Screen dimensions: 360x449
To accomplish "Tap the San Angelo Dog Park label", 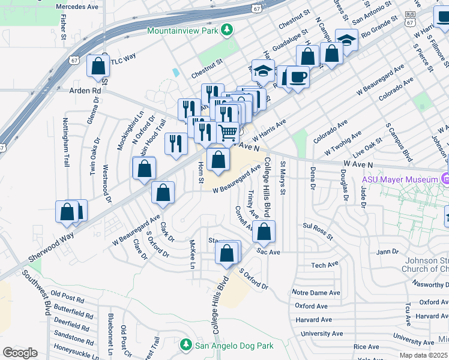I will point(235,346).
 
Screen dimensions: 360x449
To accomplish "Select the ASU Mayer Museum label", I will point(398,179).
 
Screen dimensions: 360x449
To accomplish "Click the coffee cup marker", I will point(297,77).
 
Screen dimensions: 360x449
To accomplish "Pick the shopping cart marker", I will point(228,131).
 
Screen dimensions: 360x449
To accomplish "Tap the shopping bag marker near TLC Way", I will point(97,66).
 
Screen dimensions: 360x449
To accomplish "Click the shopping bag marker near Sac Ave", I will point(264,231).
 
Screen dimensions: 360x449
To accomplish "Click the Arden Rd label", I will point(85,91).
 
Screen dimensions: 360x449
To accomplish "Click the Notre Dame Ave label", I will point(316,292).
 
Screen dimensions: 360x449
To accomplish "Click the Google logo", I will point(20,352).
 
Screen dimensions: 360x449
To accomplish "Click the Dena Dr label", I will point(312,178).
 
